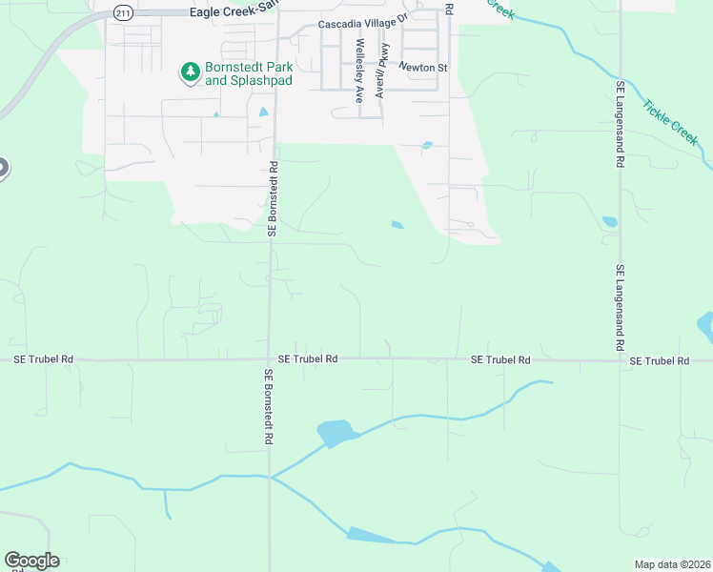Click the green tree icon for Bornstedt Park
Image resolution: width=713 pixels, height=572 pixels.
tap(190, 72)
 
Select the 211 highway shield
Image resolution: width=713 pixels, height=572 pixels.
tap(122, 11)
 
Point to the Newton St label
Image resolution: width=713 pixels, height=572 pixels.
tap(422, 68)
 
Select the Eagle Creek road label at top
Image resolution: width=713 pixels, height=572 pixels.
tap(232, 11)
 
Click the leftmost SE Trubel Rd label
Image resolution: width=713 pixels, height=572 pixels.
tap(43, 359)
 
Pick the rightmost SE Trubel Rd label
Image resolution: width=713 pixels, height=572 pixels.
tap(659, 360)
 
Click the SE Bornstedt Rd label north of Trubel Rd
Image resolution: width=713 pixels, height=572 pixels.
tap(273, 198)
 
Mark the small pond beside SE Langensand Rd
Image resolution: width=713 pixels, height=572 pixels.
tap(609, 222)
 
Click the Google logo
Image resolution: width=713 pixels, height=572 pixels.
tap(31, 561)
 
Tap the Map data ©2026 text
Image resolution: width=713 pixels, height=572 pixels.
tap(671, 564)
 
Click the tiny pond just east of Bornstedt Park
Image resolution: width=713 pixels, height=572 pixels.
tap(264, 112)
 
